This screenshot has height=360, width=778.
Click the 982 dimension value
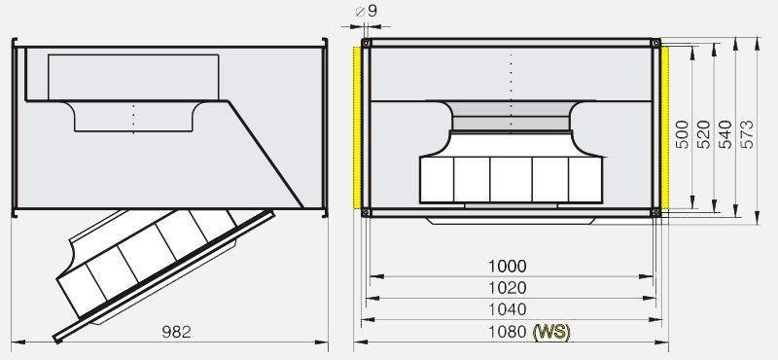[176, 332]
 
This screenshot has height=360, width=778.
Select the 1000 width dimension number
[507, 267]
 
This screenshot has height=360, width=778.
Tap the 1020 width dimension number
[507, 288]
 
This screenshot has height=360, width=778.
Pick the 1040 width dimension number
[507, 309]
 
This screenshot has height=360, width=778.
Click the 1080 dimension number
[507, 332]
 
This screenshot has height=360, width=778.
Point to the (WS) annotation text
[551, 332]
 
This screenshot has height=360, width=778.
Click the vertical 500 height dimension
[683, 134]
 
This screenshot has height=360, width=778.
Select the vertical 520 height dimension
[704, 134]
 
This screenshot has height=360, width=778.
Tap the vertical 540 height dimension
[725, 134]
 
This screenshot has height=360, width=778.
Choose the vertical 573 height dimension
[747, 134]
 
